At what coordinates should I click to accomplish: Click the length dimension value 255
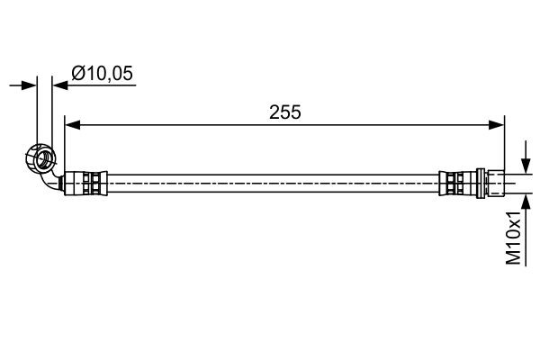tap(284, 112)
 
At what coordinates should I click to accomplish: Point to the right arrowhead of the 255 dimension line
tap(498, 125)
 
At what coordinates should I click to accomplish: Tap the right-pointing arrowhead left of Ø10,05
tap(31, 85)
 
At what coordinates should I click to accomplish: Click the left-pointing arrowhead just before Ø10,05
tap(59, 85)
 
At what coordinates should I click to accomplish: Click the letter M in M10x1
tap(513, 257)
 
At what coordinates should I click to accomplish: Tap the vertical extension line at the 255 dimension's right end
tap(504, 144)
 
